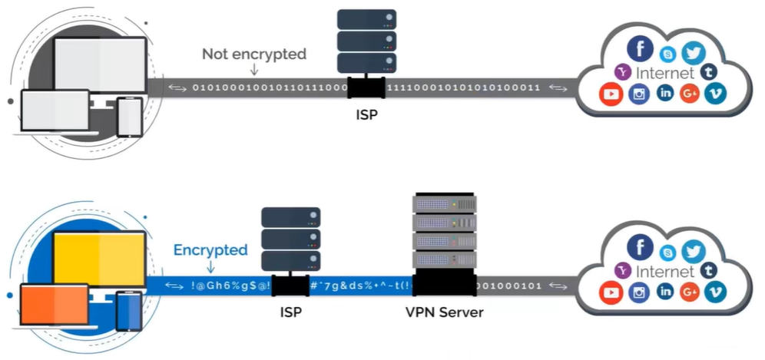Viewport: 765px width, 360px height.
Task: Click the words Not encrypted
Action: click(x=253, y=54)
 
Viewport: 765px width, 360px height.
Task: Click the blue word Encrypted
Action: click(x=210, y=250)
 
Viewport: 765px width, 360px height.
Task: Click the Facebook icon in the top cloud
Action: click(x=639, y=48)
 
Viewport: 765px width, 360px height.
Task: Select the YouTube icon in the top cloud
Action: click(x=611, y=95)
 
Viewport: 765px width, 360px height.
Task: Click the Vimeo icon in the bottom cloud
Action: click(x=715, y=291)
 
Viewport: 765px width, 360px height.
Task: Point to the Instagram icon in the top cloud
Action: click(x=639, y=95)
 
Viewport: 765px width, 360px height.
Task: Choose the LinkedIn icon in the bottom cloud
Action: click(x=665, y=291)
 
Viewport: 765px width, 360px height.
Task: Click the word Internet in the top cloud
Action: click(x=665, y=74)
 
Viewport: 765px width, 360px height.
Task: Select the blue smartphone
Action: click(x=129, y=311)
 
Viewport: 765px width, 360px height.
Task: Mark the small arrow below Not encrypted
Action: click(x=253, y=70)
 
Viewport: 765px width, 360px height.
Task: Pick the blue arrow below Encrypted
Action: click(x=210, y=266)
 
